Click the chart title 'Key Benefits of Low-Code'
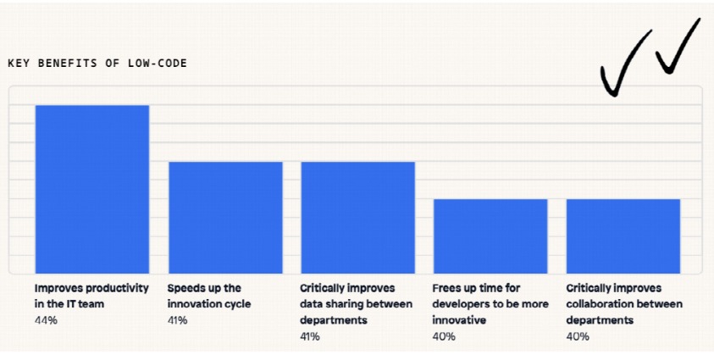(x=97, y=64)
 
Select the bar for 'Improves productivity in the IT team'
(x=92, y=190)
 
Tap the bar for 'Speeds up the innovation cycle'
(x=225, y=218)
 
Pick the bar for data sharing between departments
(x=358, y=218)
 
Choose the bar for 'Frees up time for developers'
(x=490, y=236)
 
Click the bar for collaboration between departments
(x=623, y=236)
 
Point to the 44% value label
(x=46, y=320)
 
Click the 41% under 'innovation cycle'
(x=178, y=320)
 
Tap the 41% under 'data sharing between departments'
(x=310, y=337)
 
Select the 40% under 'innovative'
(x=444, y=337)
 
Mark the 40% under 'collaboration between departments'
(x=578, y=337)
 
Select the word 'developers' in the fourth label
(x=459, y=304)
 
